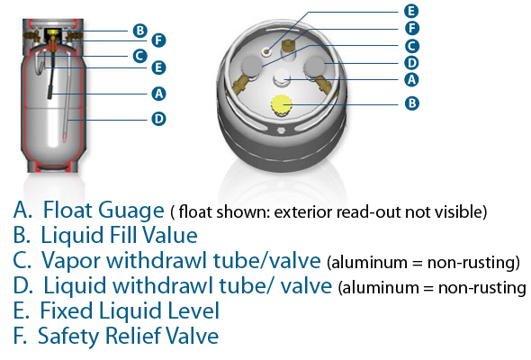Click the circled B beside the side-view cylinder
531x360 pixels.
139,31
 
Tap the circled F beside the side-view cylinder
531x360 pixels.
158,40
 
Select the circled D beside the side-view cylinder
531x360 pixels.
158,119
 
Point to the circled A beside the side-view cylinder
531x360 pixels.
158,94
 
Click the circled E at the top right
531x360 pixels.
411,11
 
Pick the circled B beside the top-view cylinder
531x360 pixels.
412,103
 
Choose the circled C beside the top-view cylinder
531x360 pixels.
412,46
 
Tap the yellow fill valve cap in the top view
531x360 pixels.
282,104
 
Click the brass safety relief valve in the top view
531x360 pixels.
288,46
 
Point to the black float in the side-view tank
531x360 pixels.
50,93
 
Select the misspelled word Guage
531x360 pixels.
131,211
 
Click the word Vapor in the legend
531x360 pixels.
71,261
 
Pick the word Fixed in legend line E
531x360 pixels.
67,310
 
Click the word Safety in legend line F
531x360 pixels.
69,337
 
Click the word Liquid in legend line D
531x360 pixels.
76,286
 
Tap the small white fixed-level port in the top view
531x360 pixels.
267,51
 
